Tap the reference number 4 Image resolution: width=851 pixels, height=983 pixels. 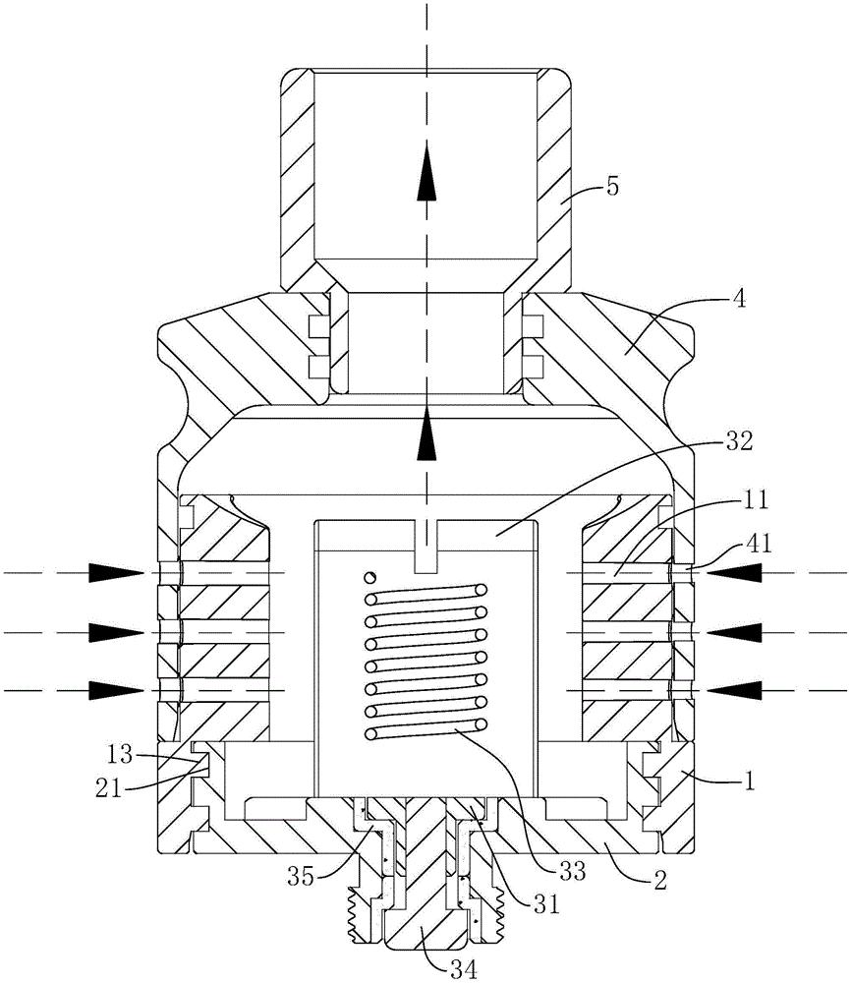tap(739, 300)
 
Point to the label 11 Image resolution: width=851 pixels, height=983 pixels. tap(754, 501)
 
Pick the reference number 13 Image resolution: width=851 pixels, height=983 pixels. tap(119, 755)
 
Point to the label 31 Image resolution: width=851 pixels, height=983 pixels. tap(544, 904)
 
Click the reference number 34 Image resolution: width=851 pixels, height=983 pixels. tap(463, 969)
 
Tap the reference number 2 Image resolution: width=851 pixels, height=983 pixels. tap(660, 881)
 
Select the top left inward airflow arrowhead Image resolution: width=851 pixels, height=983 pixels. tap(116, 572)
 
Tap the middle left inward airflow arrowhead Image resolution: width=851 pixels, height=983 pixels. tap(116, 632)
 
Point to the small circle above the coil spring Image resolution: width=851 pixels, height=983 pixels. tap(372, 576)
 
